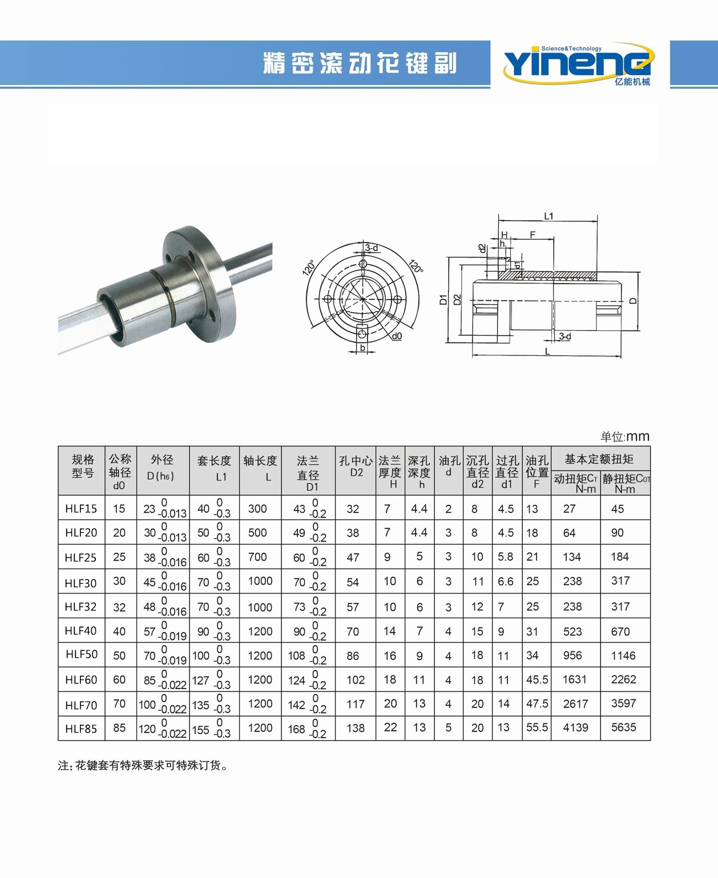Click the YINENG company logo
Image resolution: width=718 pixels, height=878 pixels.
tap(579, 64)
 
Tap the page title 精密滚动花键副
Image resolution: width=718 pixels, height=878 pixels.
tap(360, 63)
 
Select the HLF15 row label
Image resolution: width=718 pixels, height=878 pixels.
tap(81, 508)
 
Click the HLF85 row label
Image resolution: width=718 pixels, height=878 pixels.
tap(81, 729)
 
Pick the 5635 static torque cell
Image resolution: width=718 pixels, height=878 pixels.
tap(623, 727)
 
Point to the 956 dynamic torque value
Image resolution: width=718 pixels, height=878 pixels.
tap(572, 656)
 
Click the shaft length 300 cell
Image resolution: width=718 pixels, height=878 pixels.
tap(257, 508)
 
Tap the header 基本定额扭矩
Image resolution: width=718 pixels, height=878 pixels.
tap(599, 459)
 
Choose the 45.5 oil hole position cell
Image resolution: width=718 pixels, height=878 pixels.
tap(537, 679)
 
